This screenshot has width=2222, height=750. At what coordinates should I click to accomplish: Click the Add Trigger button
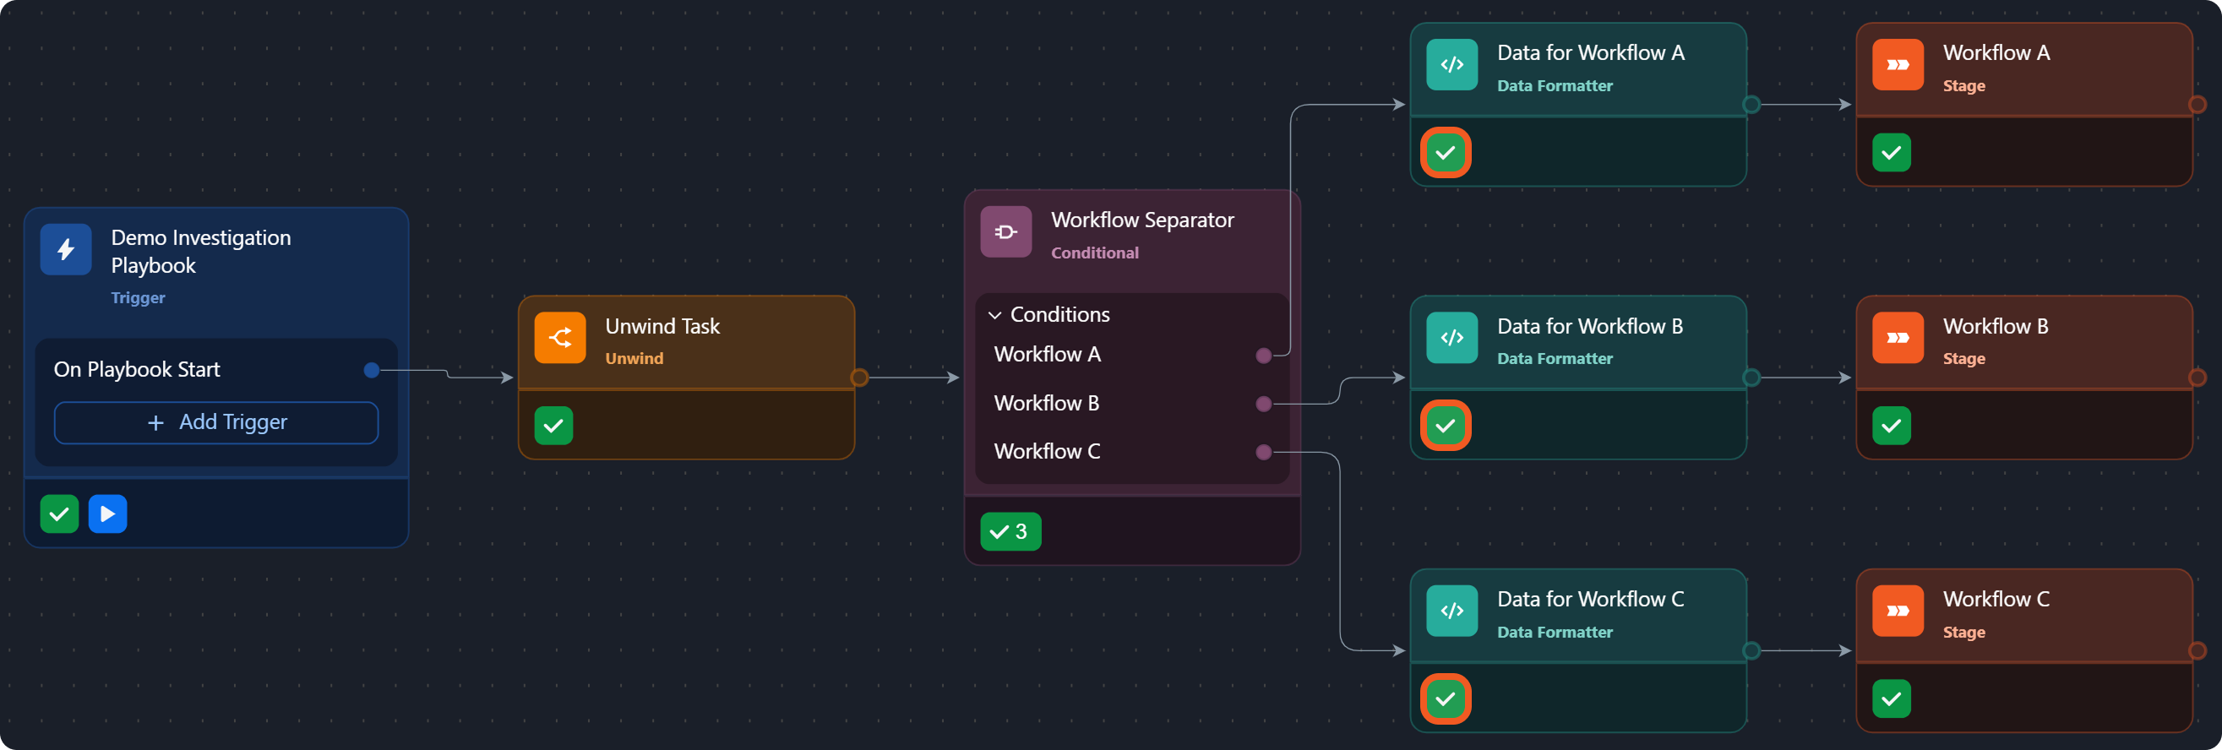click(x=215, y=422)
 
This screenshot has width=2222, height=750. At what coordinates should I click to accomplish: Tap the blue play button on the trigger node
click(x=108, y=514)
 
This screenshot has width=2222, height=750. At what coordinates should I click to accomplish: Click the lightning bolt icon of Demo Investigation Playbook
click(x=66, y=250)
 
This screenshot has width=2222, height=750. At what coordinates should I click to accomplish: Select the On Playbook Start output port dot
click(x=372, y=370)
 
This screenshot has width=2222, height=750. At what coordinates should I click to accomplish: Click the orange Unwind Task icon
click(x=560, y=338)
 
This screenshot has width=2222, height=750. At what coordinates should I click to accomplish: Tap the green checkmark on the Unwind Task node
click(x=553, y=426)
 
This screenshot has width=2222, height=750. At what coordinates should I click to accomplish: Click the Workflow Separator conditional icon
click(x=1005, y=232)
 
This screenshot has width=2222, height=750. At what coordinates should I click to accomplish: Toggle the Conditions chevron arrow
click(x=994, y=316)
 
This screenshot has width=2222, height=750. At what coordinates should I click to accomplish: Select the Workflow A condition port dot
click(x=1264, y=356)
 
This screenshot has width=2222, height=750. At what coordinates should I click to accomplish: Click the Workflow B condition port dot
click(x=1264, y=404)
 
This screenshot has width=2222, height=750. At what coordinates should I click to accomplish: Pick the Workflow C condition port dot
click(x=1264, y=452)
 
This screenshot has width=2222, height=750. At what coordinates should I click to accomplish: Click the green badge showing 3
click(x=1011, y=532)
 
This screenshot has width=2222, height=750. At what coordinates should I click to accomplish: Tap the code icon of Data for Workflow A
click(x=1452, y=65)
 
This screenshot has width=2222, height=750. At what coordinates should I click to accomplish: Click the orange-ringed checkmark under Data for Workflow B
click(x=1446, y=426)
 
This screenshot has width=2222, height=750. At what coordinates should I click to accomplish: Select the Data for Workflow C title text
click(x=1591, y=599)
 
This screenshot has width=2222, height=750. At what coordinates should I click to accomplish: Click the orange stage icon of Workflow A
click(x=1898, y=65)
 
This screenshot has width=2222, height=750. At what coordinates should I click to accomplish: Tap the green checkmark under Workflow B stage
click(x=1892, y=426)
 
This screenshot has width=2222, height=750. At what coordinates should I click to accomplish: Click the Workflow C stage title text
click(x=1996, y=599)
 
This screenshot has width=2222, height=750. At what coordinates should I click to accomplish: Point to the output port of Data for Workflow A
click(x=1751, y=106)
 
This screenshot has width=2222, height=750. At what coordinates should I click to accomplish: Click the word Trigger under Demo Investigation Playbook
click(x=138, y=298)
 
